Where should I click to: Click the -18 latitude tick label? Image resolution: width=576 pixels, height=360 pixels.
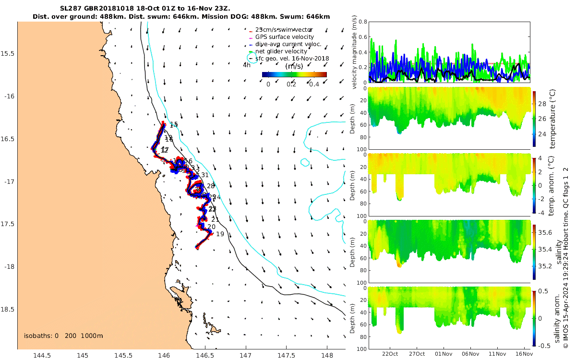coord(9,267)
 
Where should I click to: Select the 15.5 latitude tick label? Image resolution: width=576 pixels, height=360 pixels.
coord(9,53)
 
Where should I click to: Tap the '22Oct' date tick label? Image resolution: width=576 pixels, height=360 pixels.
coord(390,354)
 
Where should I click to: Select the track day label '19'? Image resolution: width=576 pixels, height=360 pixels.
coord(220,234)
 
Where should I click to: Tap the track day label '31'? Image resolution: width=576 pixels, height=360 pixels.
coord(205,175)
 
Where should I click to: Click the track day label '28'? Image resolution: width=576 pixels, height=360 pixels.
coord(211,186)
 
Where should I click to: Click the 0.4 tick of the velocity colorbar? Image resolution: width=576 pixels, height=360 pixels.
coord(314,84)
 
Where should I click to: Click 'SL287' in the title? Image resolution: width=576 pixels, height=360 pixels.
coord(71,9)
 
